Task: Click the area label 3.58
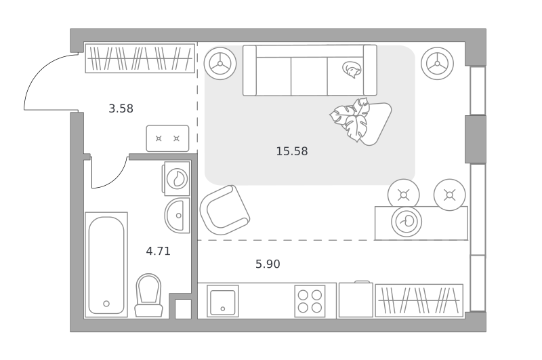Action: (x=121, y=108)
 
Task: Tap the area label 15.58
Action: (x=292, y=151)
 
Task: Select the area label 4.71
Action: (x=159, y=251)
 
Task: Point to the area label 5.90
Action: (x=268, y=264)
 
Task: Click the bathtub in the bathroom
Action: (x=106, y=264)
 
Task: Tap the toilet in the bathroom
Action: (x=148, y=296)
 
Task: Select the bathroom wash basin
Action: (x=178, y=215)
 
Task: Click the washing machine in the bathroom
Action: (x=176, y=178)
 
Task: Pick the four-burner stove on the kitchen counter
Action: (x=310, y=301)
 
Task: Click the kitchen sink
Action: (x=223, y=301)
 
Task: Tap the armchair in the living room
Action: (x=225, y=210)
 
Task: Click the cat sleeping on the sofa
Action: (x=352, y=70)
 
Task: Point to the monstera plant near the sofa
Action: (x=350, y=119)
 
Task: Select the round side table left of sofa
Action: (x=220, y=64)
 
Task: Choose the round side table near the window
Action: (x=437, y=64)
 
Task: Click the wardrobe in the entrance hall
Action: (x=140, y=58)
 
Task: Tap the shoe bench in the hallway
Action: (x=167, y=138)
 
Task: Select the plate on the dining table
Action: (x=406, y=222)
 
